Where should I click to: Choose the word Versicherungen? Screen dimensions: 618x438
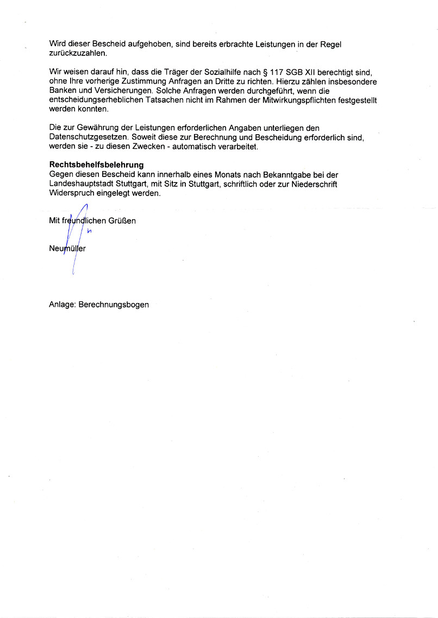click(117, 91)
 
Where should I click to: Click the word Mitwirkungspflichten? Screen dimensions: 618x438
click(294, 100)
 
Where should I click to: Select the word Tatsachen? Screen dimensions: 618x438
click(159, 100)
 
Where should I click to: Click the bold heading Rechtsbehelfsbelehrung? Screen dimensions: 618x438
click(96, 165)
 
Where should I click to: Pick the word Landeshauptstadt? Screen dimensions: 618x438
click(79, 184)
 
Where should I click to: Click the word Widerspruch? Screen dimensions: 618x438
click(71, 193)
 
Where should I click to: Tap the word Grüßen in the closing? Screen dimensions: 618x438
click(123, 220)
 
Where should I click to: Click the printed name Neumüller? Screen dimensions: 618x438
click(67, 249)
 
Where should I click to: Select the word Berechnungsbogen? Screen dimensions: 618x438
click(114, 305)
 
